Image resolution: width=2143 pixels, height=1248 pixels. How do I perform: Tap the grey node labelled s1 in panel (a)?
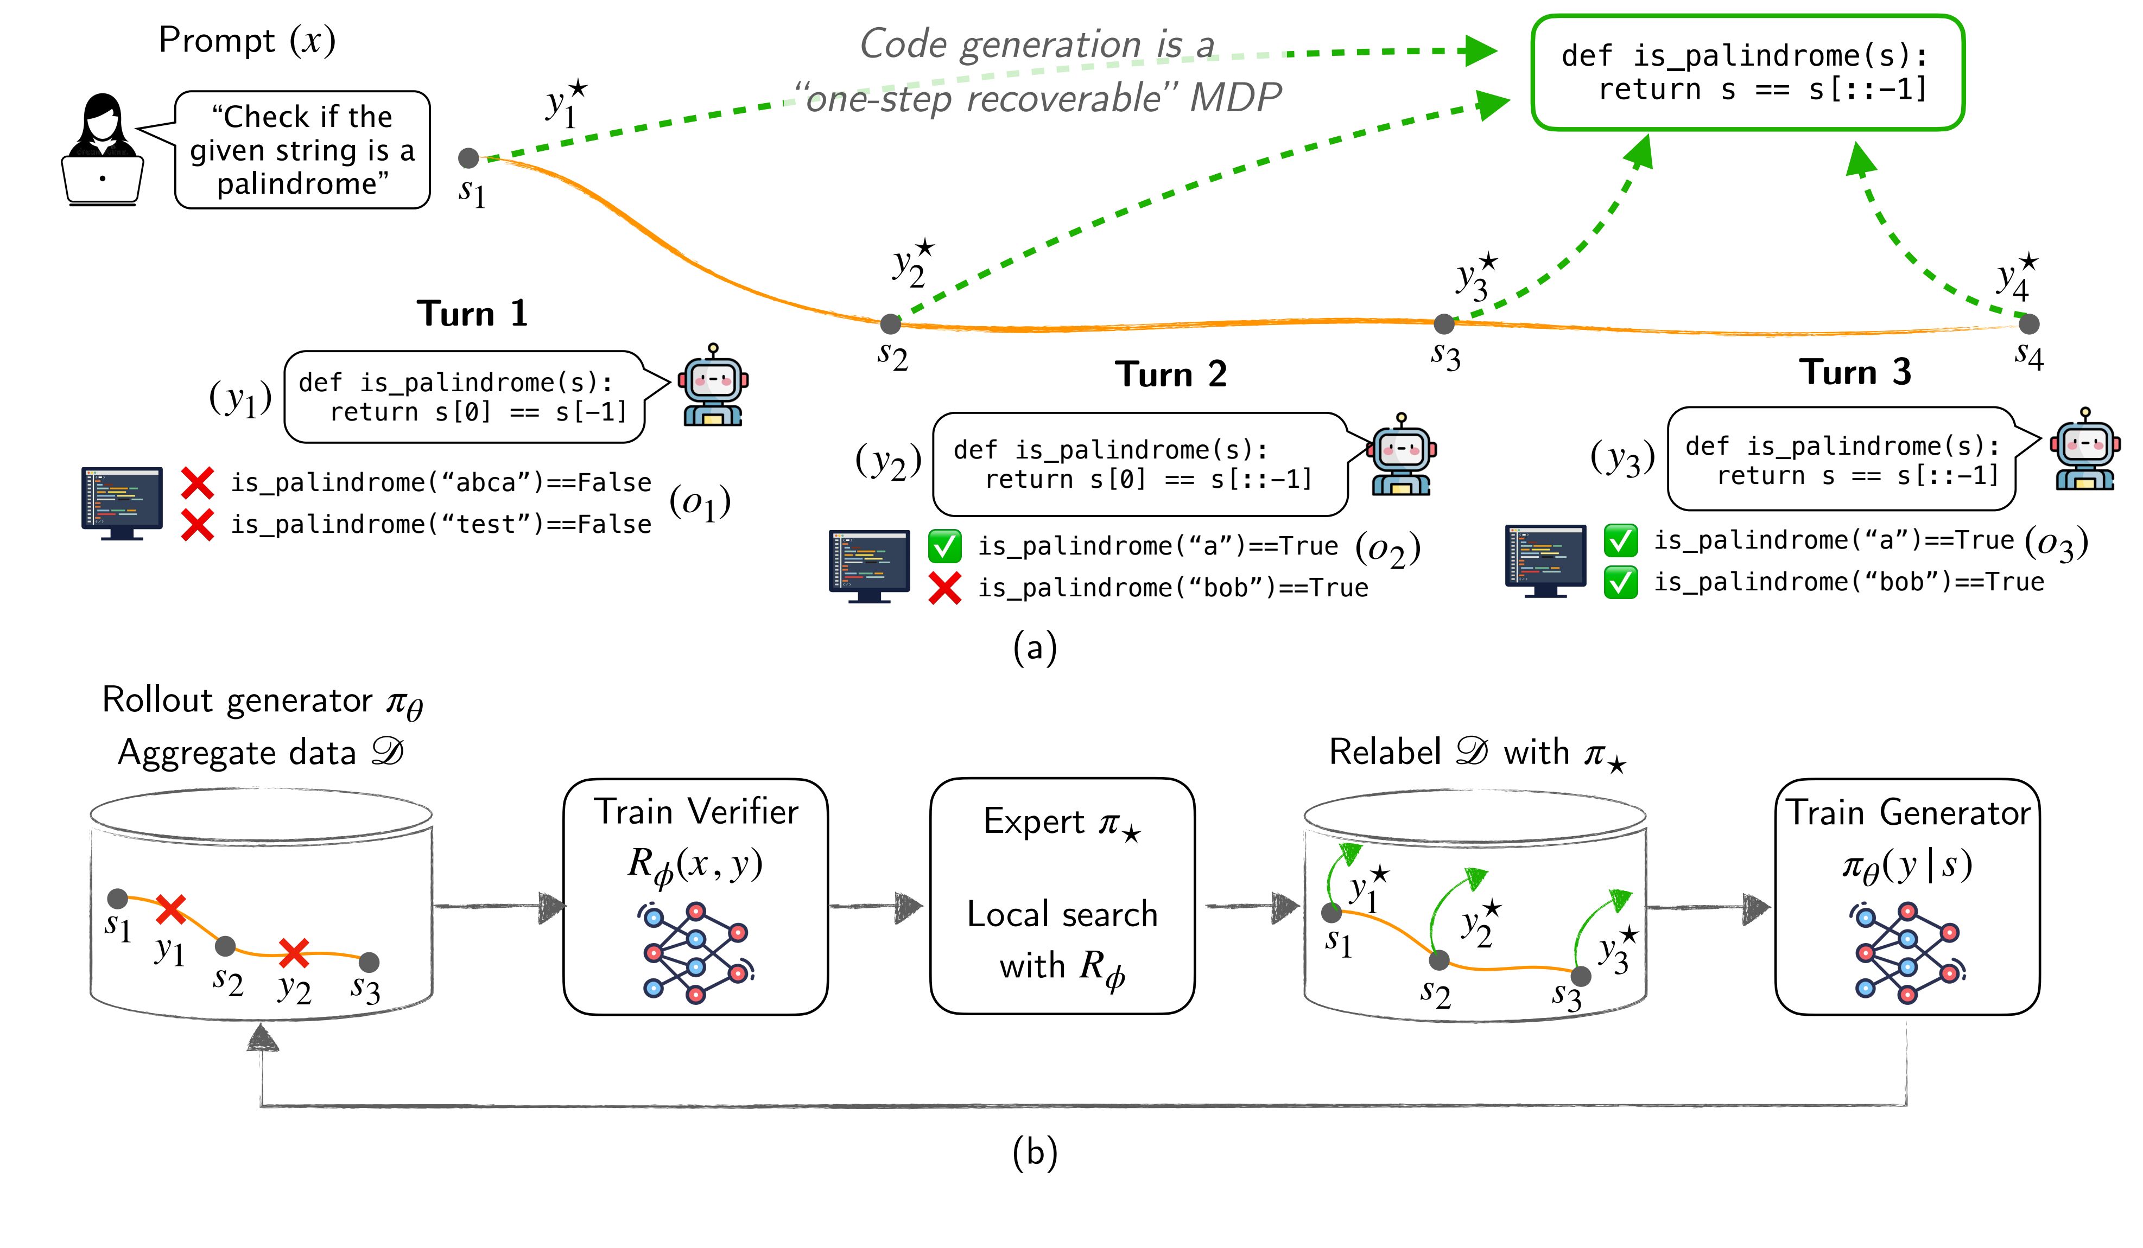point(468,158)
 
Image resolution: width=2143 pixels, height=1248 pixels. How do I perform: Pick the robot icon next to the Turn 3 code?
point(2084,450)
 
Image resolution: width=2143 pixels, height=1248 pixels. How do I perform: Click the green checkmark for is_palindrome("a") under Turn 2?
point(945,546)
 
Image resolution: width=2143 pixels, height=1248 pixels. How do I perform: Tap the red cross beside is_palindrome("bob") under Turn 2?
point(945,588)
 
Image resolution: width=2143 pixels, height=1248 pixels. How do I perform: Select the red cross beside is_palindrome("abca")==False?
point(197,483)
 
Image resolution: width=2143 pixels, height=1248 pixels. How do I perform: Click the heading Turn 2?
point(1171,374)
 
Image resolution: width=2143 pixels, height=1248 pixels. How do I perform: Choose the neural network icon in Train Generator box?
point(1907,953)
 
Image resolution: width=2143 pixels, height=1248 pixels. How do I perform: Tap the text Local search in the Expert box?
point(1062,914)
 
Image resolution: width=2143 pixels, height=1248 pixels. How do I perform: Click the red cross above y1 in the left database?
point(171,909)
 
